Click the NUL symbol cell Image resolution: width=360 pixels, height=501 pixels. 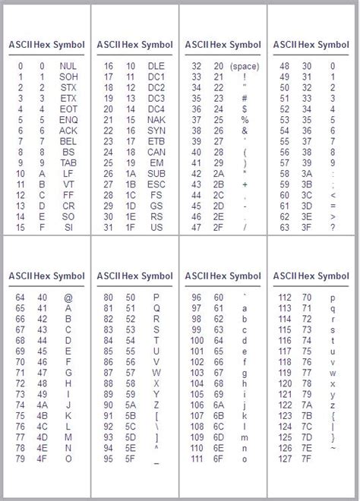(x=68, y=66)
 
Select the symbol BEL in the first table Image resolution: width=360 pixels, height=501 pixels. (x=68, y=141)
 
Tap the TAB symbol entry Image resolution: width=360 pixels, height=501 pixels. (x=68, y=162)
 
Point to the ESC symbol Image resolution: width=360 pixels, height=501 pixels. (x=156, y=184)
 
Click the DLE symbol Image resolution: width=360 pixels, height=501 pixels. (x=156, y=66)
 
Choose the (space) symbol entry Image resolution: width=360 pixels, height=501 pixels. (x=245, y=66)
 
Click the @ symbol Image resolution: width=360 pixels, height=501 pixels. (x=68, y=298)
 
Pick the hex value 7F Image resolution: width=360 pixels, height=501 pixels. (x=307, y=458)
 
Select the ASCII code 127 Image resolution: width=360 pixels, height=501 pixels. (x=285, y=458)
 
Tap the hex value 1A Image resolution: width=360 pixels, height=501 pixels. (x=131, y=174)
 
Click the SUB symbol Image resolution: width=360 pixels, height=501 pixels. (x=156, y=174)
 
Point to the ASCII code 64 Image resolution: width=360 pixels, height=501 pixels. (x=20, y=298)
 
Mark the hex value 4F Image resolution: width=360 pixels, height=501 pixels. (x=43, y=458)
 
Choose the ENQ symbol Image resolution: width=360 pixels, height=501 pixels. (x=68, y=120)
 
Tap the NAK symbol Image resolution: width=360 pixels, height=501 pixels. (x=156, y=120)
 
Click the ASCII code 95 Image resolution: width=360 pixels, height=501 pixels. (x=109, y=458)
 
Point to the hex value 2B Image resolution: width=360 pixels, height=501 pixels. (x=219, y=184)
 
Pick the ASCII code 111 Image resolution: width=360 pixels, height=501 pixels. (x=197, y=458)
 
